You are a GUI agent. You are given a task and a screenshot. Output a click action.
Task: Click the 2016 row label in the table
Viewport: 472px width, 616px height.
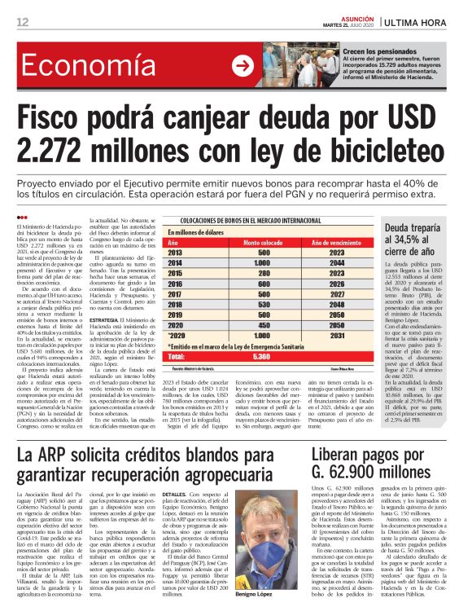point(176,284)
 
